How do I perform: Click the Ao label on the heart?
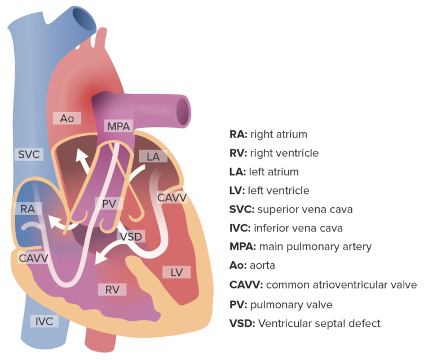[x=67, y=118]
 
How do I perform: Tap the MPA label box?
[x=118, y=127]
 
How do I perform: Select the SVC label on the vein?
[x=28, y=154]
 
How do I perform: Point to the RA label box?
[x=28, y=208]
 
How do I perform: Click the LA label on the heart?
[x=153, y=157]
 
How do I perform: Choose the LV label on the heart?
[x=176, y=272]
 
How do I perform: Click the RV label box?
[x=112, y=290]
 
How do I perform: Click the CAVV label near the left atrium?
[x=172, y=198]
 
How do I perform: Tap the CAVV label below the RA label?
[x=33, y=257]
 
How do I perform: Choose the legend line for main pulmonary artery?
[x=300, y=247]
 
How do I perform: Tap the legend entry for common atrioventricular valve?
[x=322, y=285]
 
